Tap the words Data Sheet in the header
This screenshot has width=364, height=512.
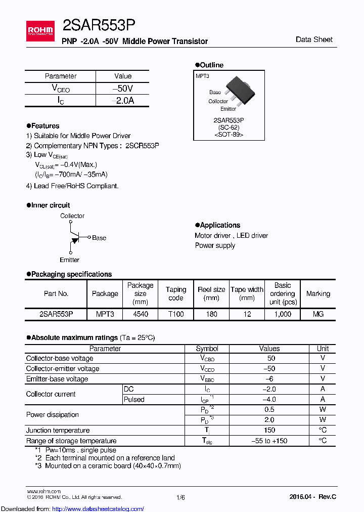pyautogui.click(x=314, y=39)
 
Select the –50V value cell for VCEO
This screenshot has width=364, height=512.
pyautogui.click(x=123, y=89)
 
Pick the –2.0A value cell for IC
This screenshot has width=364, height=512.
pyautogui.click(x=123, y=101)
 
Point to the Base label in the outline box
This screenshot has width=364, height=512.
pyautogui.click(x=215, y=92)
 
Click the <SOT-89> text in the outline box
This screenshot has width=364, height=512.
pyautogui.click(x=229, y=135)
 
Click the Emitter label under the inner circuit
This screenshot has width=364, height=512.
pyautogui.click(x=69, y=260)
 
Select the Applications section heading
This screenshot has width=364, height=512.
pyautogui.click(x=219, y=225)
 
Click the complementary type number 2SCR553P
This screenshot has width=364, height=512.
pyautogui.click(x=142, y=145)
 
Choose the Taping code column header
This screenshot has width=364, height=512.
pyautogui.click(x=176, y=294)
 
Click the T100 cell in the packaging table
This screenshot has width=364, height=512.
pyautogui.click(x=176, y=314)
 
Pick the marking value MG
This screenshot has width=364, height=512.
pyautogui.click(x=318, y=314)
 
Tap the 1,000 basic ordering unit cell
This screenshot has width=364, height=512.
pyautogui.click(x=282, y=314)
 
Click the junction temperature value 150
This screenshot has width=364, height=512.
pyautogui.click(x=269, y=430)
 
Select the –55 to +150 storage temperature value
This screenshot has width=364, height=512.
pyautogui.click(x=269, y=441)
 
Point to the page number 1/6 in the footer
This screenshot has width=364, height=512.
pyautogui.click(x=180, y=498)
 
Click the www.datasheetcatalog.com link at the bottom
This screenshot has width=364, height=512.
pyautogui.click(x=72, y=508)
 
